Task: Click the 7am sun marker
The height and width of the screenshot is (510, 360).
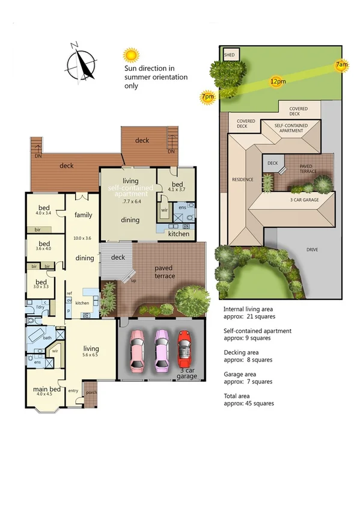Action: tap(341, 64)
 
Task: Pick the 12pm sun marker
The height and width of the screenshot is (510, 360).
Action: tap(277, 81)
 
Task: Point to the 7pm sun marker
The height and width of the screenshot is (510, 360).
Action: tap(208, 97)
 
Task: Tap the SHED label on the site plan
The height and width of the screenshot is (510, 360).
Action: tap(230, 55)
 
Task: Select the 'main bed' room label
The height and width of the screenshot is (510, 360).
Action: tap(46, 389)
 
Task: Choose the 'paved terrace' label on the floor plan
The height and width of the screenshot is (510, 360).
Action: tap(165, 272)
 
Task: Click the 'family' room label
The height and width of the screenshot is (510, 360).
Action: tap(83, 215)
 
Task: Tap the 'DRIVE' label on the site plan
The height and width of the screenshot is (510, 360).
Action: tap(311, 250)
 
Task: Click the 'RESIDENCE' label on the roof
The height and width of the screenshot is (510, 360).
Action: tap(243, 179)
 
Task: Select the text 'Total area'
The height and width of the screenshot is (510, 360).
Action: tap(238, 396)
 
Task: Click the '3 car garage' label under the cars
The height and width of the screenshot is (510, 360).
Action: tap(188, 374)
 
